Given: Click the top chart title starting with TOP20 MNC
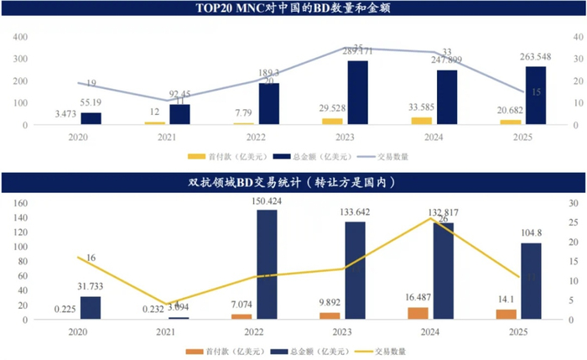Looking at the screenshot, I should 293,9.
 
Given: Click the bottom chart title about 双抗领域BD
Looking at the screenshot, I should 293,181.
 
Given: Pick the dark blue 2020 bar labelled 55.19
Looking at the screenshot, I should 91,118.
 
